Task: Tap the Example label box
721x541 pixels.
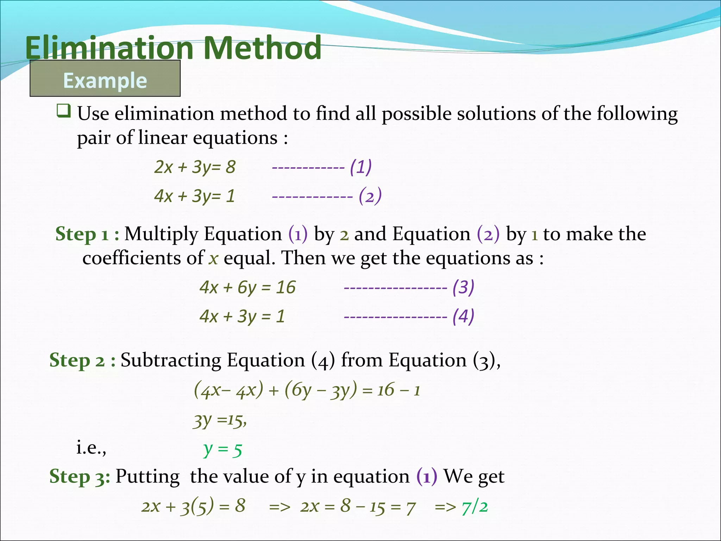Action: click(x=105, y=79)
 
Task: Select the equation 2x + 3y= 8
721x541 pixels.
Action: click(x=195, y=167)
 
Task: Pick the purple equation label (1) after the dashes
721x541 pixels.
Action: click(x=360, y=167)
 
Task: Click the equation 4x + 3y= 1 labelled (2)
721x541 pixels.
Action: click(x=195, y=196)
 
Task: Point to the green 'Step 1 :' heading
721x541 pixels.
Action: click(x=87, y=234)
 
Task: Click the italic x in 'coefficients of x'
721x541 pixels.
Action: click(x=213, y=258)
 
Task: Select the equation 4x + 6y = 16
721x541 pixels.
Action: click(x=247, y=287)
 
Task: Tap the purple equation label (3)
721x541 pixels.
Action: click(x=463, y=287)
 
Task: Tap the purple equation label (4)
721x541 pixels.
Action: click(x=463, y=316)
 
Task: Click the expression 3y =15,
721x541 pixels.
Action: click(x=220, y=420)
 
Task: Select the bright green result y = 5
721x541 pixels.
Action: click(x=222, y=449)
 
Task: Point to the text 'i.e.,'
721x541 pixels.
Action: click(x=91, y=448)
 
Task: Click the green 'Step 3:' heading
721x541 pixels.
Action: click(x=80, y=477)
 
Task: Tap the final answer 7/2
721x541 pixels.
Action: click(x=475, y=507)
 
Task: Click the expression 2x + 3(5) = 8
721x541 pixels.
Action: click(x=193, y=506)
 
